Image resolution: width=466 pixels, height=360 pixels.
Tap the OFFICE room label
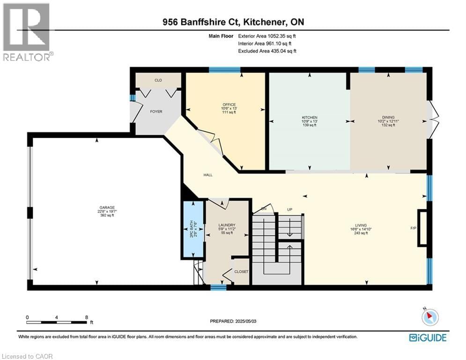[229, 105]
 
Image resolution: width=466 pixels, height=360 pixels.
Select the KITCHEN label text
[309, 117]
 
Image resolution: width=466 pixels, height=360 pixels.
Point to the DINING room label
[388, 117]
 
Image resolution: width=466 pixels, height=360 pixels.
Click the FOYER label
[156, 112]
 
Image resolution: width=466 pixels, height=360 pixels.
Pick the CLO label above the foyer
[158, 81]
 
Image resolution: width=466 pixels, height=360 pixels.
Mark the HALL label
[208, 175]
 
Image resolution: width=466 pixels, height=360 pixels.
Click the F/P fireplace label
[413, 228]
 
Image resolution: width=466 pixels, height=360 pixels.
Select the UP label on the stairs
[289, 209]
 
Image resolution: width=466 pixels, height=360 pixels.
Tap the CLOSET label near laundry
[242, 272]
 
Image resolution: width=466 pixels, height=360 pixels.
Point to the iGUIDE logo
[428, 337]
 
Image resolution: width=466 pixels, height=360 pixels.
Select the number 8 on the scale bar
[87, 317]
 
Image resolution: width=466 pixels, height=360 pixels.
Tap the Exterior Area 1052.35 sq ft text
[267, 36]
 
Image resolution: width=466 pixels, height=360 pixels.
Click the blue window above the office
[224, 70]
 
